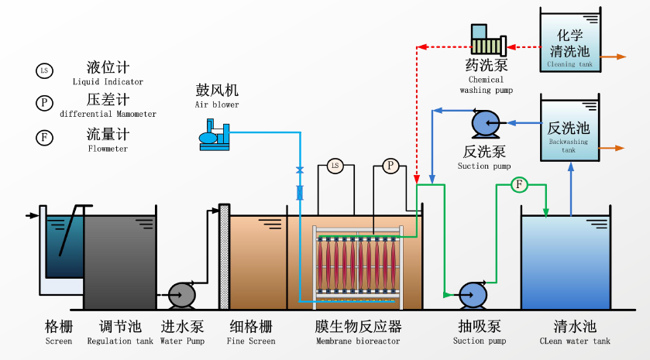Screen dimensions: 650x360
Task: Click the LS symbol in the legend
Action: [44, 71]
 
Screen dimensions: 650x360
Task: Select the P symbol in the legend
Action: [44, 103]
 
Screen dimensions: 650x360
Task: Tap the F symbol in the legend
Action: [44, 138]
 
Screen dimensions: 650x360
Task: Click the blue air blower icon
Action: [215, 135]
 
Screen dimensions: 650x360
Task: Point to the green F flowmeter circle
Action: [519, 184]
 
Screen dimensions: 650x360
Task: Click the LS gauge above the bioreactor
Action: [335, 166]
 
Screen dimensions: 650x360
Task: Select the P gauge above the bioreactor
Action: [390, 166]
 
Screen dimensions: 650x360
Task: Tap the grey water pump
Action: [182, 295]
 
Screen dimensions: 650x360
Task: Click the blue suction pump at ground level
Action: [473, 295]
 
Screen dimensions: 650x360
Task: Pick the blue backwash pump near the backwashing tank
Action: [486, 123]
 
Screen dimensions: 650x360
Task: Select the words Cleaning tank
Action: [569, 64]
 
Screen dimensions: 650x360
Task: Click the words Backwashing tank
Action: [569, 146]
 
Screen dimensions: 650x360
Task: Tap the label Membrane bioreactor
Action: [358, 341]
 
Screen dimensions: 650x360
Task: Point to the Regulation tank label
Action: [120, 341]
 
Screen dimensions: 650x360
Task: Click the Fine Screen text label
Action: [251, 341]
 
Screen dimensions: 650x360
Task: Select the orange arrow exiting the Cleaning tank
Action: [614, 57]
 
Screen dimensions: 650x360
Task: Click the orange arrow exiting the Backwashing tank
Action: [612, 148]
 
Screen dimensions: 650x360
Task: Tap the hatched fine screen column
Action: [224, 257]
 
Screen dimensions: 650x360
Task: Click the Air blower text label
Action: [217, 105]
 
